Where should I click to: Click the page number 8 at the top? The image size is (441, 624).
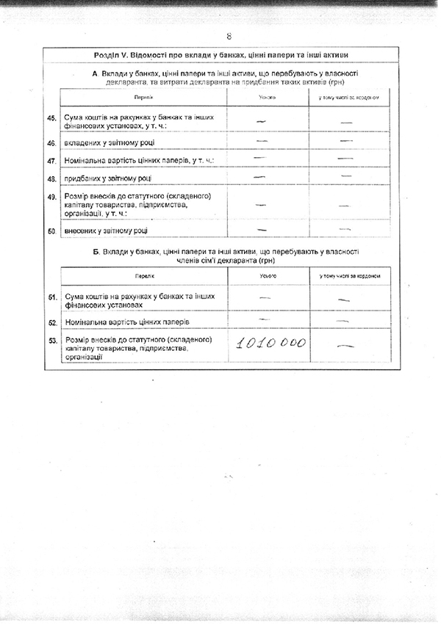pyautogui.click(x=229, y=36)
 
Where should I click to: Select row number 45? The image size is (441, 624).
pyautogui.click(x=51, y=119)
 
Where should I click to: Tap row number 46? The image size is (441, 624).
pyautogui.click(x=51, y=142)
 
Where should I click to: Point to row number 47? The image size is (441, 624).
pyautogui.click(x=51, y=160)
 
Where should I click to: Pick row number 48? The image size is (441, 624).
pyautogui.click(x=51, y=178)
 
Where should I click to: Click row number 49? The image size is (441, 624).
pyautogui.click(x=51, y=197)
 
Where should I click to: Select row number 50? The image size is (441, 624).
pyautogui.click(x=51, y=231)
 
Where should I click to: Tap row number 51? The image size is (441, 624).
pyautogui.click(x=51, y=297)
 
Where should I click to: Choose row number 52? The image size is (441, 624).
pyautogui.click(x=51, y=322)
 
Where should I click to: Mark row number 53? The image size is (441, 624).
pyautogui.click(x=51, y=341)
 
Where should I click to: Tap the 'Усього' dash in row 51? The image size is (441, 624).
pyautogui.click(x=265, y=297)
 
